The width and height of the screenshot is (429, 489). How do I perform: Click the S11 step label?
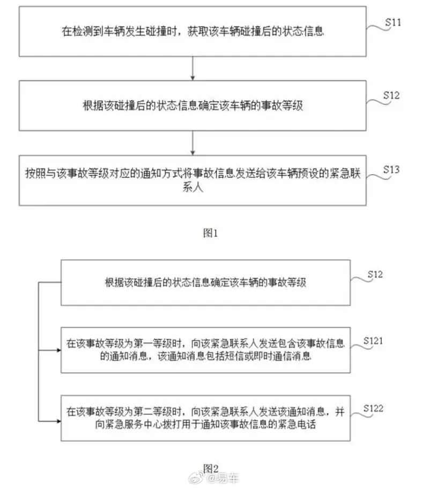click(393, 22)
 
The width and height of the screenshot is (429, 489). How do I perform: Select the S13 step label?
click(391, 169)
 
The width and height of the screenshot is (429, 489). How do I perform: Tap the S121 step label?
click(373, 341)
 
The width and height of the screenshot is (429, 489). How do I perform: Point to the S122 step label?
click(373, 408)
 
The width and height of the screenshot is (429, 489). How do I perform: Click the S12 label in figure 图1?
click(391, 95)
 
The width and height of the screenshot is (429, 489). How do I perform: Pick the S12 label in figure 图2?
click(375, 274)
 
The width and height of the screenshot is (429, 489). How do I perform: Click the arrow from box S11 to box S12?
click(193, 69)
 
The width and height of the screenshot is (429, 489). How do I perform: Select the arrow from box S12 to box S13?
click(193, 143)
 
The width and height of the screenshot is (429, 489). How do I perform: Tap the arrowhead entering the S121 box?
click(58, 350)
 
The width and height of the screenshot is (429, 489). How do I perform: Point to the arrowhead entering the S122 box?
click(58, 421)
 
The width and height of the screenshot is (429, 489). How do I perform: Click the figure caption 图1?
click(210, 232)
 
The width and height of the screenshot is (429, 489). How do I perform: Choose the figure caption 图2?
click(211, 468)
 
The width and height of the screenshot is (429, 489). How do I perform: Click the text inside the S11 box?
click(193, 31)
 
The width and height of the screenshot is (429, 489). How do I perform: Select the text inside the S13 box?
click(193, 180)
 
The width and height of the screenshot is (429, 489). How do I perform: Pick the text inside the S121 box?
click(205, 350)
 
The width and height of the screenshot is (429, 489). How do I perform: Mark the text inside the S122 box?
click(205, 418)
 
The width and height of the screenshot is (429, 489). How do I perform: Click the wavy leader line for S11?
click(378, 28)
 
